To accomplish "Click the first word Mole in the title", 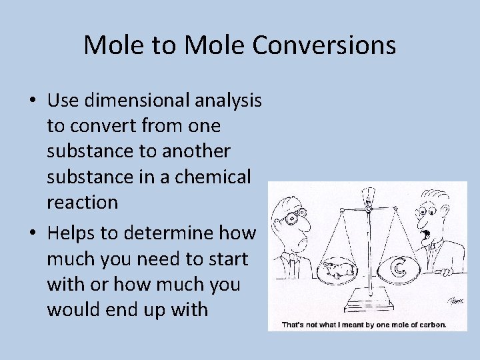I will (111, 45).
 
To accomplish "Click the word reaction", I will (82, 202).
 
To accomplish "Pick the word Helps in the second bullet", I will (73, 233).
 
